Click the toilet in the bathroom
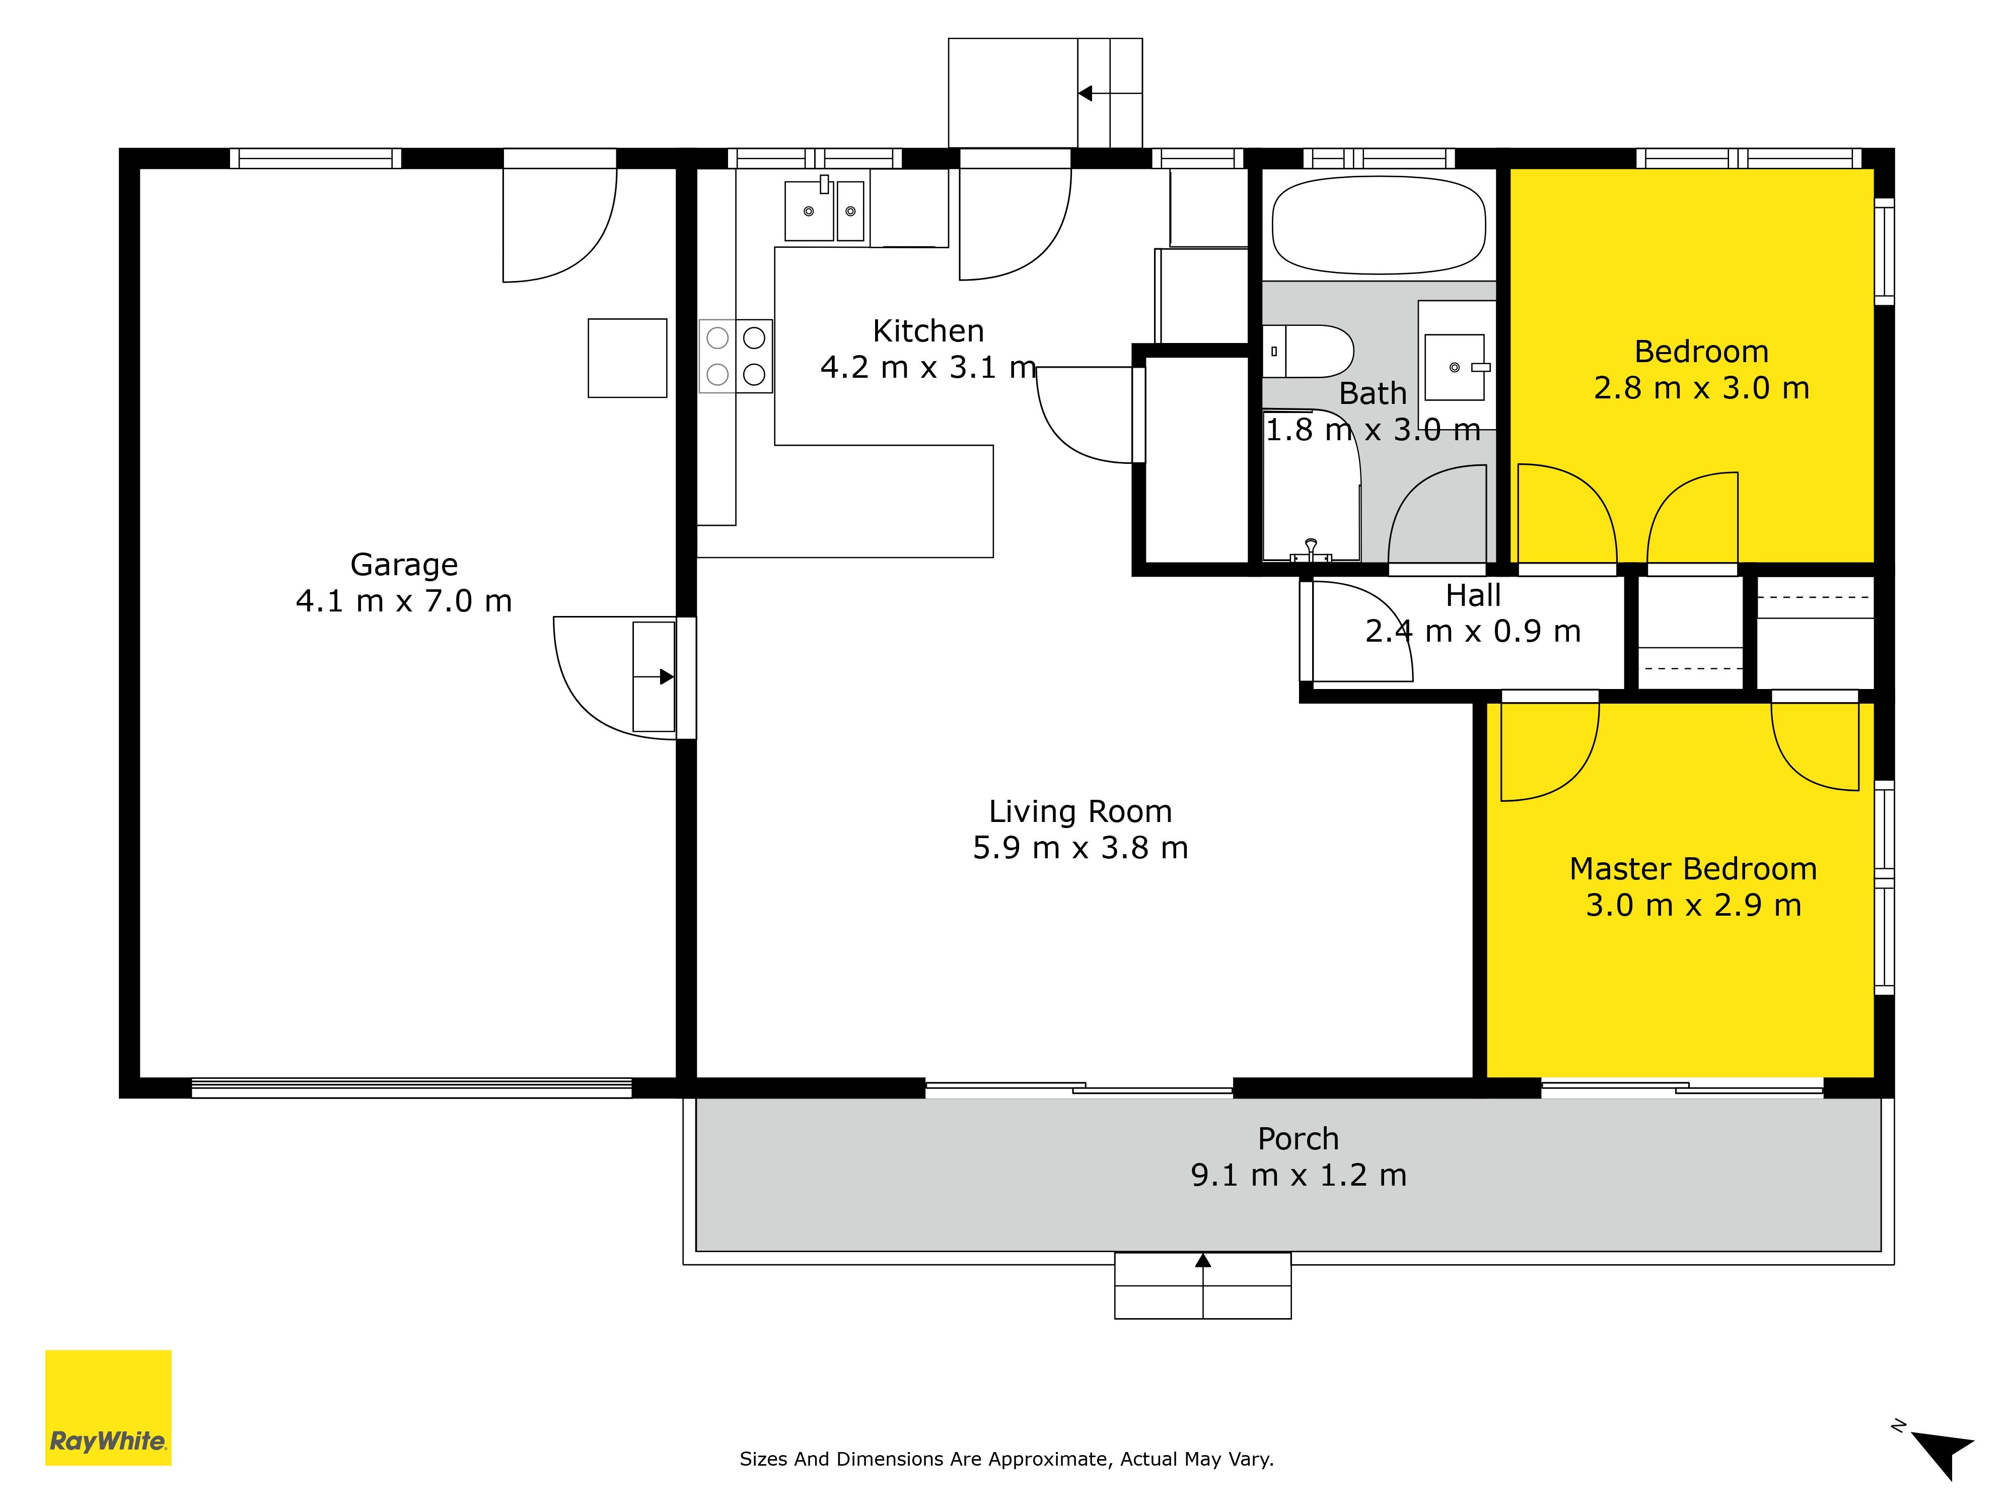pos(1308,351)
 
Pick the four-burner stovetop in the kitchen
pos(736,356)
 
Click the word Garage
pos(404,565)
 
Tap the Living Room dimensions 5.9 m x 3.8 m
pos(1081,848)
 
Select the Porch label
pos(1299,1138)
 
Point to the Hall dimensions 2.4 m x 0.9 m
pos(1473,631)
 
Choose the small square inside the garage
pos(627,358)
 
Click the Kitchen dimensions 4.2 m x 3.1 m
pos(928,367)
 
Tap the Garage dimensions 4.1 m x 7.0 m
pos(404,601)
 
